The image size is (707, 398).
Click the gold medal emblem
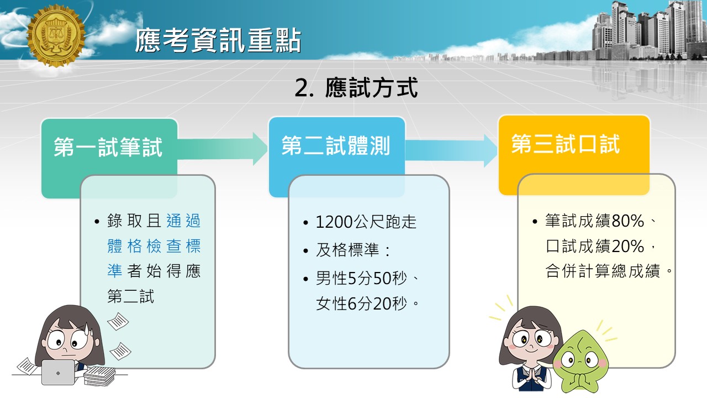point(56,35)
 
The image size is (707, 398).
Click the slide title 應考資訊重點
point(218,40)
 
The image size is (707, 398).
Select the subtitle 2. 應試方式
point(356,87)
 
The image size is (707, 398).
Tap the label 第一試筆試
point(108,147)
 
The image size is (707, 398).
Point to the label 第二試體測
point(336,145)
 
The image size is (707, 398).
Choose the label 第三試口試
point(566,144)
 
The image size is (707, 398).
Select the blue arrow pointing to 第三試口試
point(451,150)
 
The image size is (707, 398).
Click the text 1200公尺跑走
point(366,222)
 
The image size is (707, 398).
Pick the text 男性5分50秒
point(361,278)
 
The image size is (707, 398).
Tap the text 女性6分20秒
point(361,303)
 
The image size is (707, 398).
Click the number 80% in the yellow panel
point(627,221)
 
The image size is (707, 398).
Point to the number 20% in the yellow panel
point(627,246)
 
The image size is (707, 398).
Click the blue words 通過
point(183,221)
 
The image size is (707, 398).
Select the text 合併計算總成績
point(603,271)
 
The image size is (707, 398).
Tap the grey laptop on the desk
point(58,373)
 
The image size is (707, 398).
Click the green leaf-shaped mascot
point(580,362)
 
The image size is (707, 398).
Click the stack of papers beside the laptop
point(100,376)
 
